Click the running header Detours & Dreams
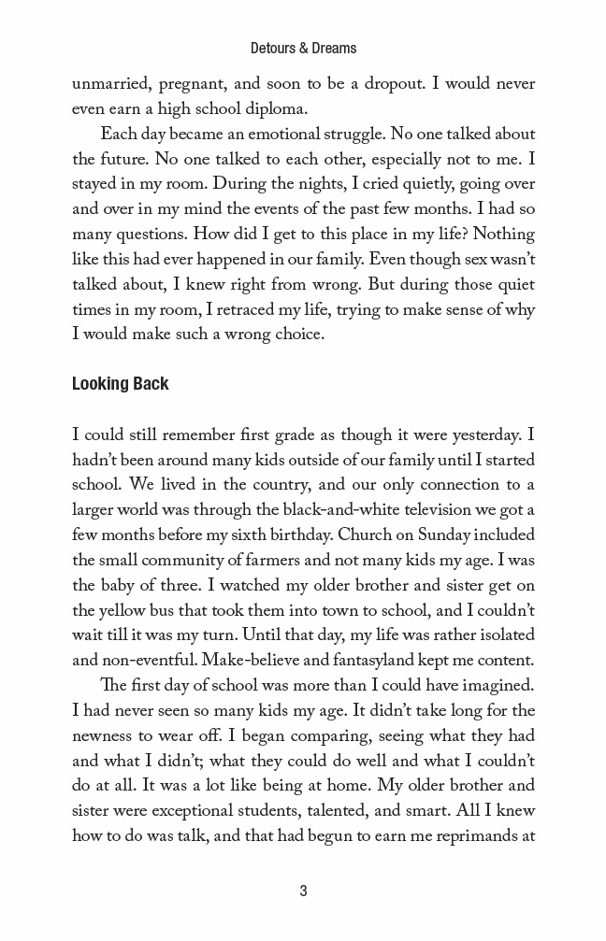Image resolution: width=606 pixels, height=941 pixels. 303,48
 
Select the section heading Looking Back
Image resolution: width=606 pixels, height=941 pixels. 120,384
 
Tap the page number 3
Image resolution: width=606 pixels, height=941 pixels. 303,891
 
